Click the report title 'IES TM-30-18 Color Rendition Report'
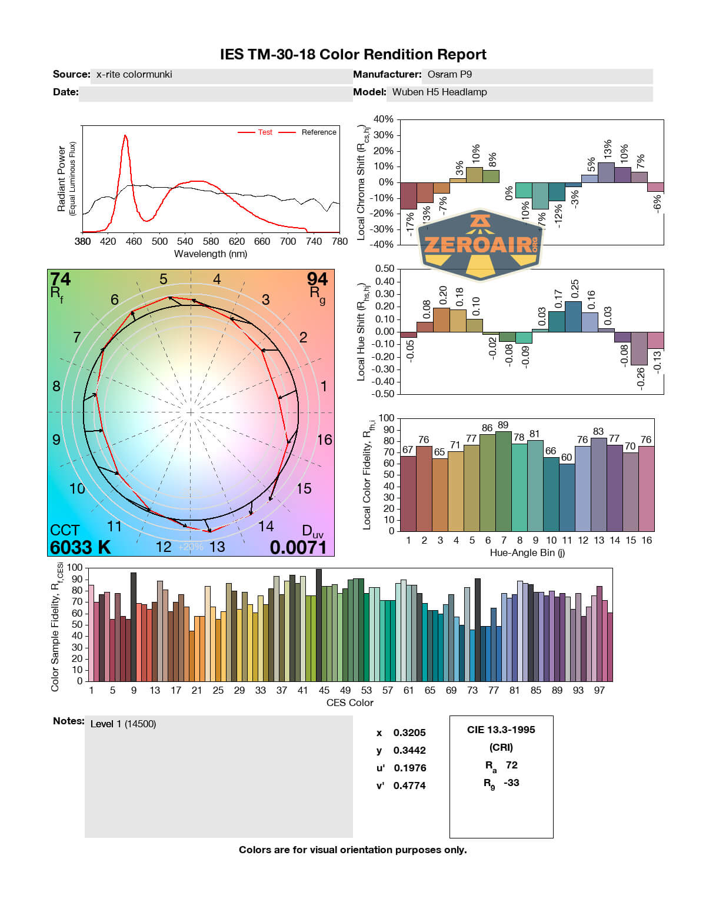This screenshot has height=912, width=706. (353, 55)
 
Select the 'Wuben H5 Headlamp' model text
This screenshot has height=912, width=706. (439, 92)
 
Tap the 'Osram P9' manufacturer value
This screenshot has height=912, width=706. (449, 74)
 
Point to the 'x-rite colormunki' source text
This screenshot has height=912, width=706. (134, 74)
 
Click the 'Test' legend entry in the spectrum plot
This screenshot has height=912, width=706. (265, 132)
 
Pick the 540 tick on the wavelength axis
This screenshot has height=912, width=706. (185, 241)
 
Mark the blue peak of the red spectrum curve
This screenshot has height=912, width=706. (125, 137)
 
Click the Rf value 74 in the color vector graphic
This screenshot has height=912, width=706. (60, 279)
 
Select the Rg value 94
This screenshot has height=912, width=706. (317, 279)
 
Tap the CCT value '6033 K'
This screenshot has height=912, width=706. (80, 547)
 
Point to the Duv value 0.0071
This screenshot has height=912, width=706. (298, 547)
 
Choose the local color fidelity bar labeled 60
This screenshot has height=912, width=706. (567, 498)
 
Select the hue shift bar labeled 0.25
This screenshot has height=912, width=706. (573, 317)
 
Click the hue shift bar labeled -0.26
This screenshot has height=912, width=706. (639, 348)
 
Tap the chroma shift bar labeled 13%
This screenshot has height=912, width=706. (606, 172)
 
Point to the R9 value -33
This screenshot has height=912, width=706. (511, 783)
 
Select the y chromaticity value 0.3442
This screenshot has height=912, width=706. (409, 750)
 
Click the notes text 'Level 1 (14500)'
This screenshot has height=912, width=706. (123, 724)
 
